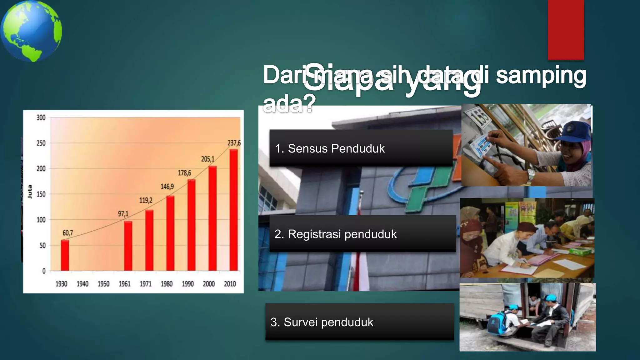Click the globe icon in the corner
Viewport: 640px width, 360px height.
tap(31, 31)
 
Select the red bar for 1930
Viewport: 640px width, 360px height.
tap(65, 255)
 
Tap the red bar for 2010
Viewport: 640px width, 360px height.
tap(233, 210)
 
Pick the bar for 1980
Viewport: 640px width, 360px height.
tap(170, 233)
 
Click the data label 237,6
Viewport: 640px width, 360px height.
tap(234, 143)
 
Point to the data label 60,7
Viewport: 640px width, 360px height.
tap(67, 233)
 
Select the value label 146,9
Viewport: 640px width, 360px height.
tap(167, 187)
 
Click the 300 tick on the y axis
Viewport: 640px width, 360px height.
tap(41, 118)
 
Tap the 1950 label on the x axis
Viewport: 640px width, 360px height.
tap(103, 284)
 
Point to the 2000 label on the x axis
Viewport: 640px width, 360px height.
tap(209, 284)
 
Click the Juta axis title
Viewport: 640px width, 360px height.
tap(30, 192)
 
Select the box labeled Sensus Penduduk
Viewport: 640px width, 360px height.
tap(361, 148)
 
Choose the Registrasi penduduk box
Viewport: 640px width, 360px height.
tap(362, 234)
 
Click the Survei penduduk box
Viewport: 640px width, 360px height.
tap(359, 322)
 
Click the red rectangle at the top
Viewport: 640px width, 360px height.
tap(566, 30)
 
